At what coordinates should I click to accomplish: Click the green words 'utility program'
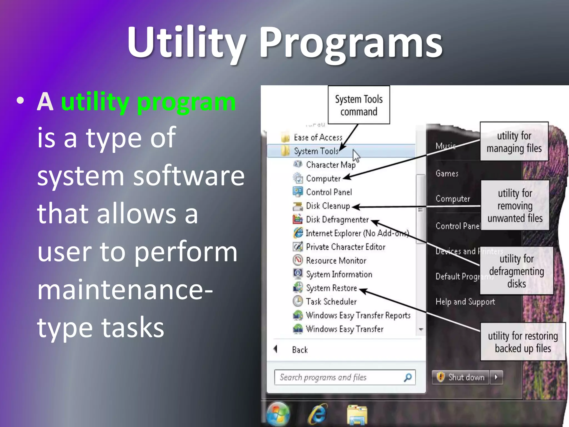pyautogui.click(x=148, y=102)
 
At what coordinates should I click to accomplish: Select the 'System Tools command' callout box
pyautogui.click(x=359, y=105)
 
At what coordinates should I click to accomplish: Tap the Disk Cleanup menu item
pyautogui.click(x=328, y=206)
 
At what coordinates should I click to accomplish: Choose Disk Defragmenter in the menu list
pyautogui.click(x=337, y=220)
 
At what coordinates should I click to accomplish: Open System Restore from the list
pyautogui.click(x=331, y=288)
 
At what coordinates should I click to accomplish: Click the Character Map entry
pyautogui.click(x=331, y=165)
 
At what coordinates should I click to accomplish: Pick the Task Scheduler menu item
pyautogui.click(x=331, y=302)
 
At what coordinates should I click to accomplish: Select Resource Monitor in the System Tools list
pyautogui.click(x=336, y=261)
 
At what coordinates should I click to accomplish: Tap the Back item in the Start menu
pyautogui.click(x=300, y=350)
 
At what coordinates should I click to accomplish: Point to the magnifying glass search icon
pyautogui.click(x=408, y=377)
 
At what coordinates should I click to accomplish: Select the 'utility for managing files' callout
pyautogui.click(x=514, y=142)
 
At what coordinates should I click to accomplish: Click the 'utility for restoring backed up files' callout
pyautogui.click(x=523, y=342)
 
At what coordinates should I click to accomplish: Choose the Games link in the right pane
pyautogui.click(x=447, y=173)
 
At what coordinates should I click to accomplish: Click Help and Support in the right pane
pyautogui.click(x=465, y=302)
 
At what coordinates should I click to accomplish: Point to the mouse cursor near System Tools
pyautogui.click(x=356, y=155)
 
